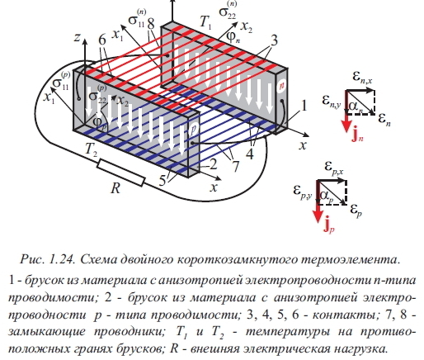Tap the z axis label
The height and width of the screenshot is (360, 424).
click(77, 37)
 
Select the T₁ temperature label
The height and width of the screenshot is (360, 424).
click(205, 22)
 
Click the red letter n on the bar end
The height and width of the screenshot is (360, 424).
click(281, 86)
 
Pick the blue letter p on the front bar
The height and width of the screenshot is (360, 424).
click(193, 130)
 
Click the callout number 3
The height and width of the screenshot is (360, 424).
click(274, 40)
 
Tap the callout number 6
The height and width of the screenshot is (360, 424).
click(102, 40)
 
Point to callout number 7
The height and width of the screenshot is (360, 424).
click(236, 166)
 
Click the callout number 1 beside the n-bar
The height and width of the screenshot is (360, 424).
click(304, 105)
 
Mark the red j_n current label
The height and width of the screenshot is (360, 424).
click(357, 135)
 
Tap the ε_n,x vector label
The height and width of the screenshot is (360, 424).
click(363, 76)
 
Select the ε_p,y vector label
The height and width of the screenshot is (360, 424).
click(303, 191)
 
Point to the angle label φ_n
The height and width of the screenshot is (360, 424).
click(233, 37)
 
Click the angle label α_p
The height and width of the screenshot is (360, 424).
click(327, 197)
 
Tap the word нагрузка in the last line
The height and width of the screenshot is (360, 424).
click(361, 349)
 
